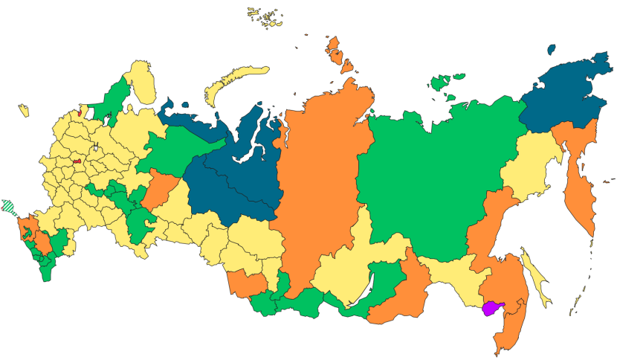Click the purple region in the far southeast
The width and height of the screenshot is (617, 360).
coord(493,309)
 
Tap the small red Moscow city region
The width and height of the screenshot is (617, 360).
coord(77,159)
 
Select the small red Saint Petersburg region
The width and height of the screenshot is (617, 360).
coord(80,114)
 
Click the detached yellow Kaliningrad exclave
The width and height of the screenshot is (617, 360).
coord(23,111)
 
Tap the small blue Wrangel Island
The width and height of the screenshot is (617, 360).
coord(551,50)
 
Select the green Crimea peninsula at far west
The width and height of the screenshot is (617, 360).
coord(8,205)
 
